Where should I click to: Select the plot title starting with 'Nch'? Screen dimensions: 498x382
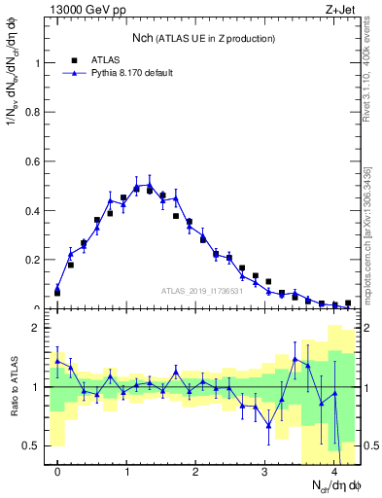pos(203,37)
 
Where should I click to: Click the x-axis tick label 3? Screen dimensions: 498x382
pos(265,471)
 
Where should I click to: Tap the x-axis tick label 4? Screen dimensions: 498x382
pos(334,471)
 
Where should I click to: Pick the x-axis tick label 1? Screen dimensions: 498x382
pos(126,471)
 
